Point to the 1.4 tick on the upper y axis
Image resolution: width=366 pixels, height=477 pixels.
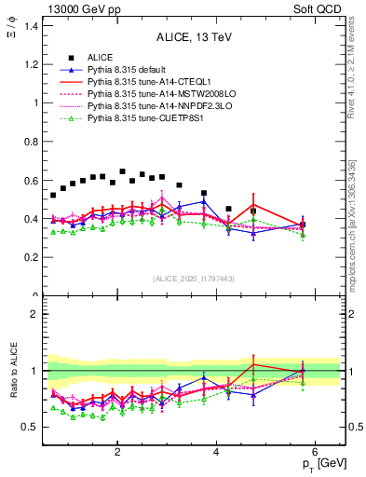32,25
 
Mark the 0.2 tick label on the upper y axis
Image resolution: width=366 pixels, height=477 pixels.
32,258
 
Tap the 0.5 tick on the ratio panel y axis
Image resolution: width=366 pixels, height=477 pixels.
32,428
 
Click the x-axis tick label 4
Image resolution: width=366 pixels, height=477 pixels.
216,453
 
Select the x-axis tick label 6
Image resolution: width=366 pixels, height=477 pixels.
316,453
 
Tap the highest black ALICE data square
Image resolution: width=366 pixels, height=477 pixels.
122,171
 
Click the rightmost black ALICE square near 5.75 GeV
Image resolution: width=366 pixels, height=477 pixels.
303,225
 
